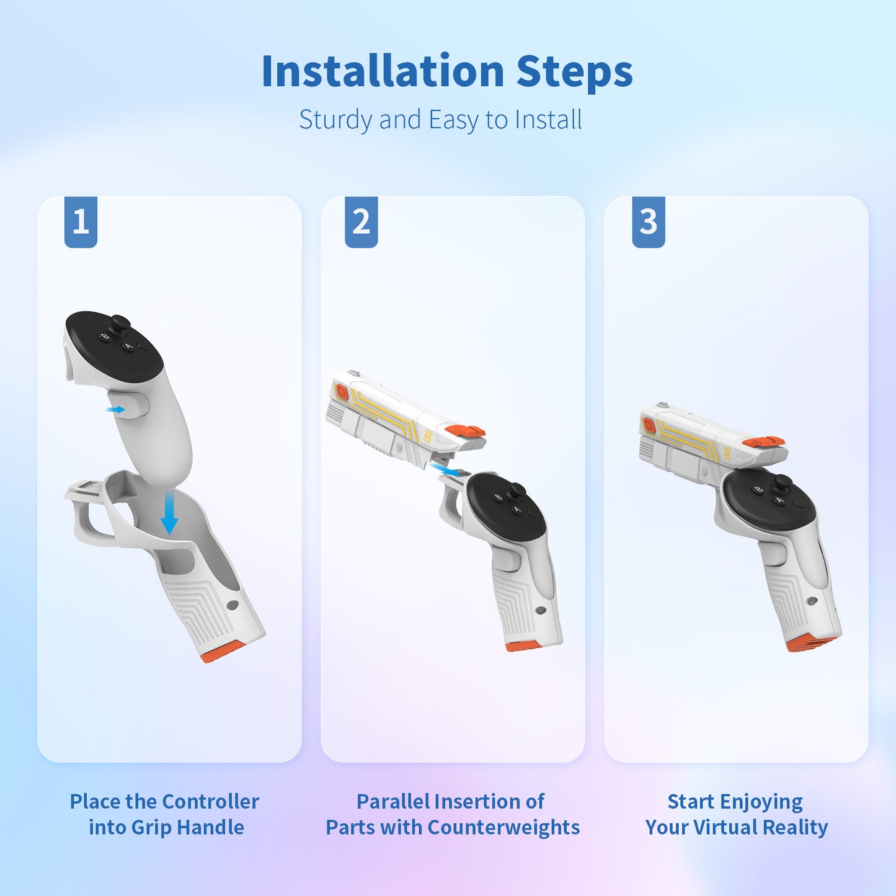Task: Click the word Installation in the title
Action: point(383,71)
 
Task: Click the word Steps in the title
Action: point(575,73)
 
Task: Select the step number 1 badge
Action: point(81,222)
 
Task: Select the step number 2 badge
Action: point(362,222)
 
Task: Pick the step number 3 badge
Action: point(648,222)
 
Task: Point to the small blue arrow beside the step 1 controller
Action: point(115,409)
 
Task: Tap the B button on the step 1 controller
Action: point(105,337)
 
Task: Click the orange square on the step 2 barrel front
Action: point(342,391)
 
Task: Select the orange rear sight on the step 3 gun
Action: point(763,441)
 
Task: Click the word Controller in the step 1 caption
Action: point(210,802)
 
